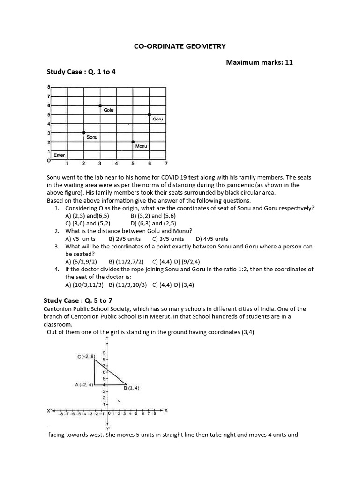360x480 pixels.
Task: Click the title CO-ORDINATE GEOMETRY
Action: (180, 46)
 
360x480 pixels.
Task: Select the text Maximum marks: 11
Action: (259, 62)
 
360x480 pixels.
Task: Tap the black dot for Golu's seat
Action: (100, 105)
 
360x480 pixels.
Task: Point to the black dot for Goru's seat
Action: (150, 114)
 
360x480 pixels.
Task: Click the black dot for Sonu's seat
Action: (84, 133)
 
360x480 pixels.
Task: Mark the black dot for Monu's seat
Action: (133, 142)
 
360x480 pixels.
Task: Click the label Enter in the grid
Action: (60, 155)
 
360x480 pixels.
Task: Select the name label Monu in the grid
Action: (141, 146)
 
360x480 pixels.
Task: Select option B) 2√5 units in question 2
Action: (125, 239)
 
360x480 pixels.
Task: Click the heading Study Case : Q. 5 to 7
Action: (78, 300)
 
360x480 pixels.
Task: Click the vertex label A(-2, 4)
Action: (84, 385)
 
